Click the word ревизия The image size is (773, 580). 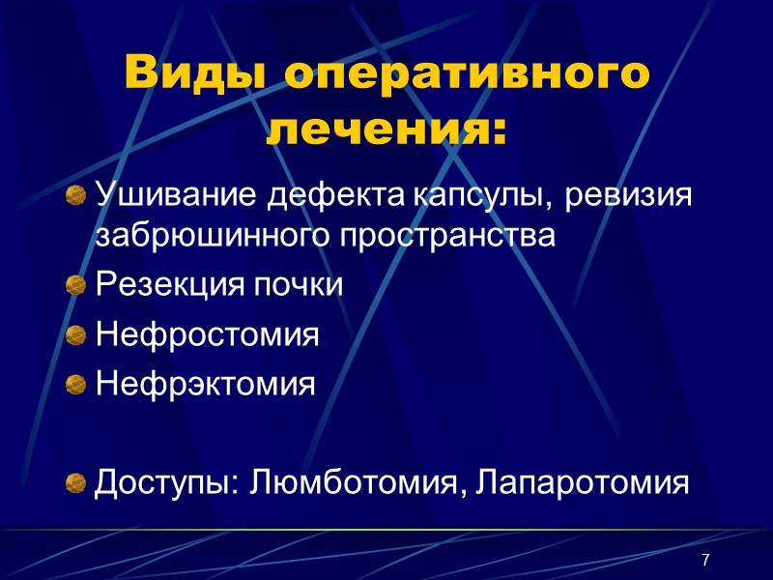pyautogui.click(x=630, y=197)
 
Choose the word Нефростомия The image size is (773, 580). pyautogui.click(x=207, y=335)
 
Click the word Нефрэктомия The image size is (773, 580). pyautogui.click(x=205, y=384)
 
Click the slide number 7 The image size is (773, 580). pyautogui.click(x=706, y=561)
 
